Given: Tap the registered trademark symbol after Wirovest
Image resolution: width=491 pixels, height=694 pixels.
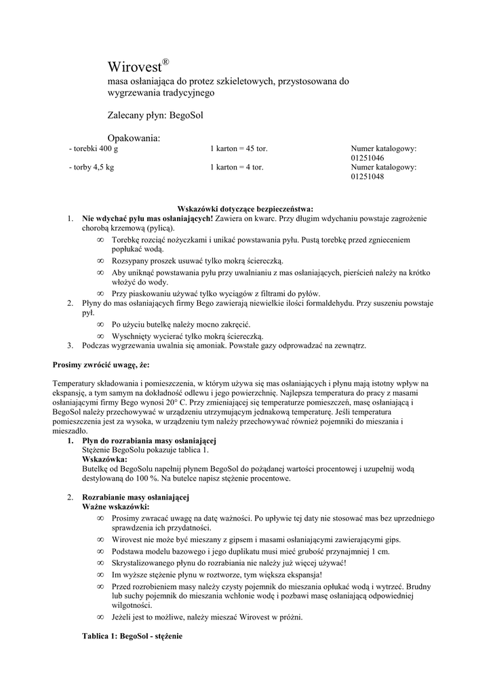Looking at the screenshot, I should (x=165, y=62).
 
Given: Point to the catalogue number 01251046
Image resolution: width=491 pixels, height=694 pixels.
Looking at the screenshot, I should (x=368, y=157).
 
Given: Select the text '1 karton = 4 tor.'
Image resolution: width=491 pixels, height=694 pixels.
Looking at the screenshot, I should (x=237, y=167).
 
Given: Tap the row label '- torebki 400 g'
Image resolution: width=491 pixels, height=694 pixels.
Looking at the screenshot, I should (x=94, y=148).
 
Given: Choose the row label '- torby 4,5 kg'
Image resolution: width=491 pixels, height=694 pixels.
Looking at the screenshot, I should (x=92, y=167).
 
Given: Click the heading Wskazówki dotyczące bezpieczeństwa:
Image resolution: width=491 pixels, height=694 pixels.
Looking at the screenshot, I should (x=245, y=209).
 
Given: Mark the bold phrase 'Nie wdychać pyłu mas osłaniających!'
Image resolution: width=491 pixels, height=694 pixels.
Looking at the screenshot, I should (x=147, y=218).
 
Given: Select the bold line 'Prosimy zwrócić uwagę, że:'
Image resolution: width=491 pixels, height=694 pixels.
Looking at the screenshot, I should (x=101, y=365).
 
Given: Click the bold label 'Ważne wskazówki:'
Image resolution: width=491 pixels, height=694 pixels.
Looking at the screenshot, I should (x=116, y=507).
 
